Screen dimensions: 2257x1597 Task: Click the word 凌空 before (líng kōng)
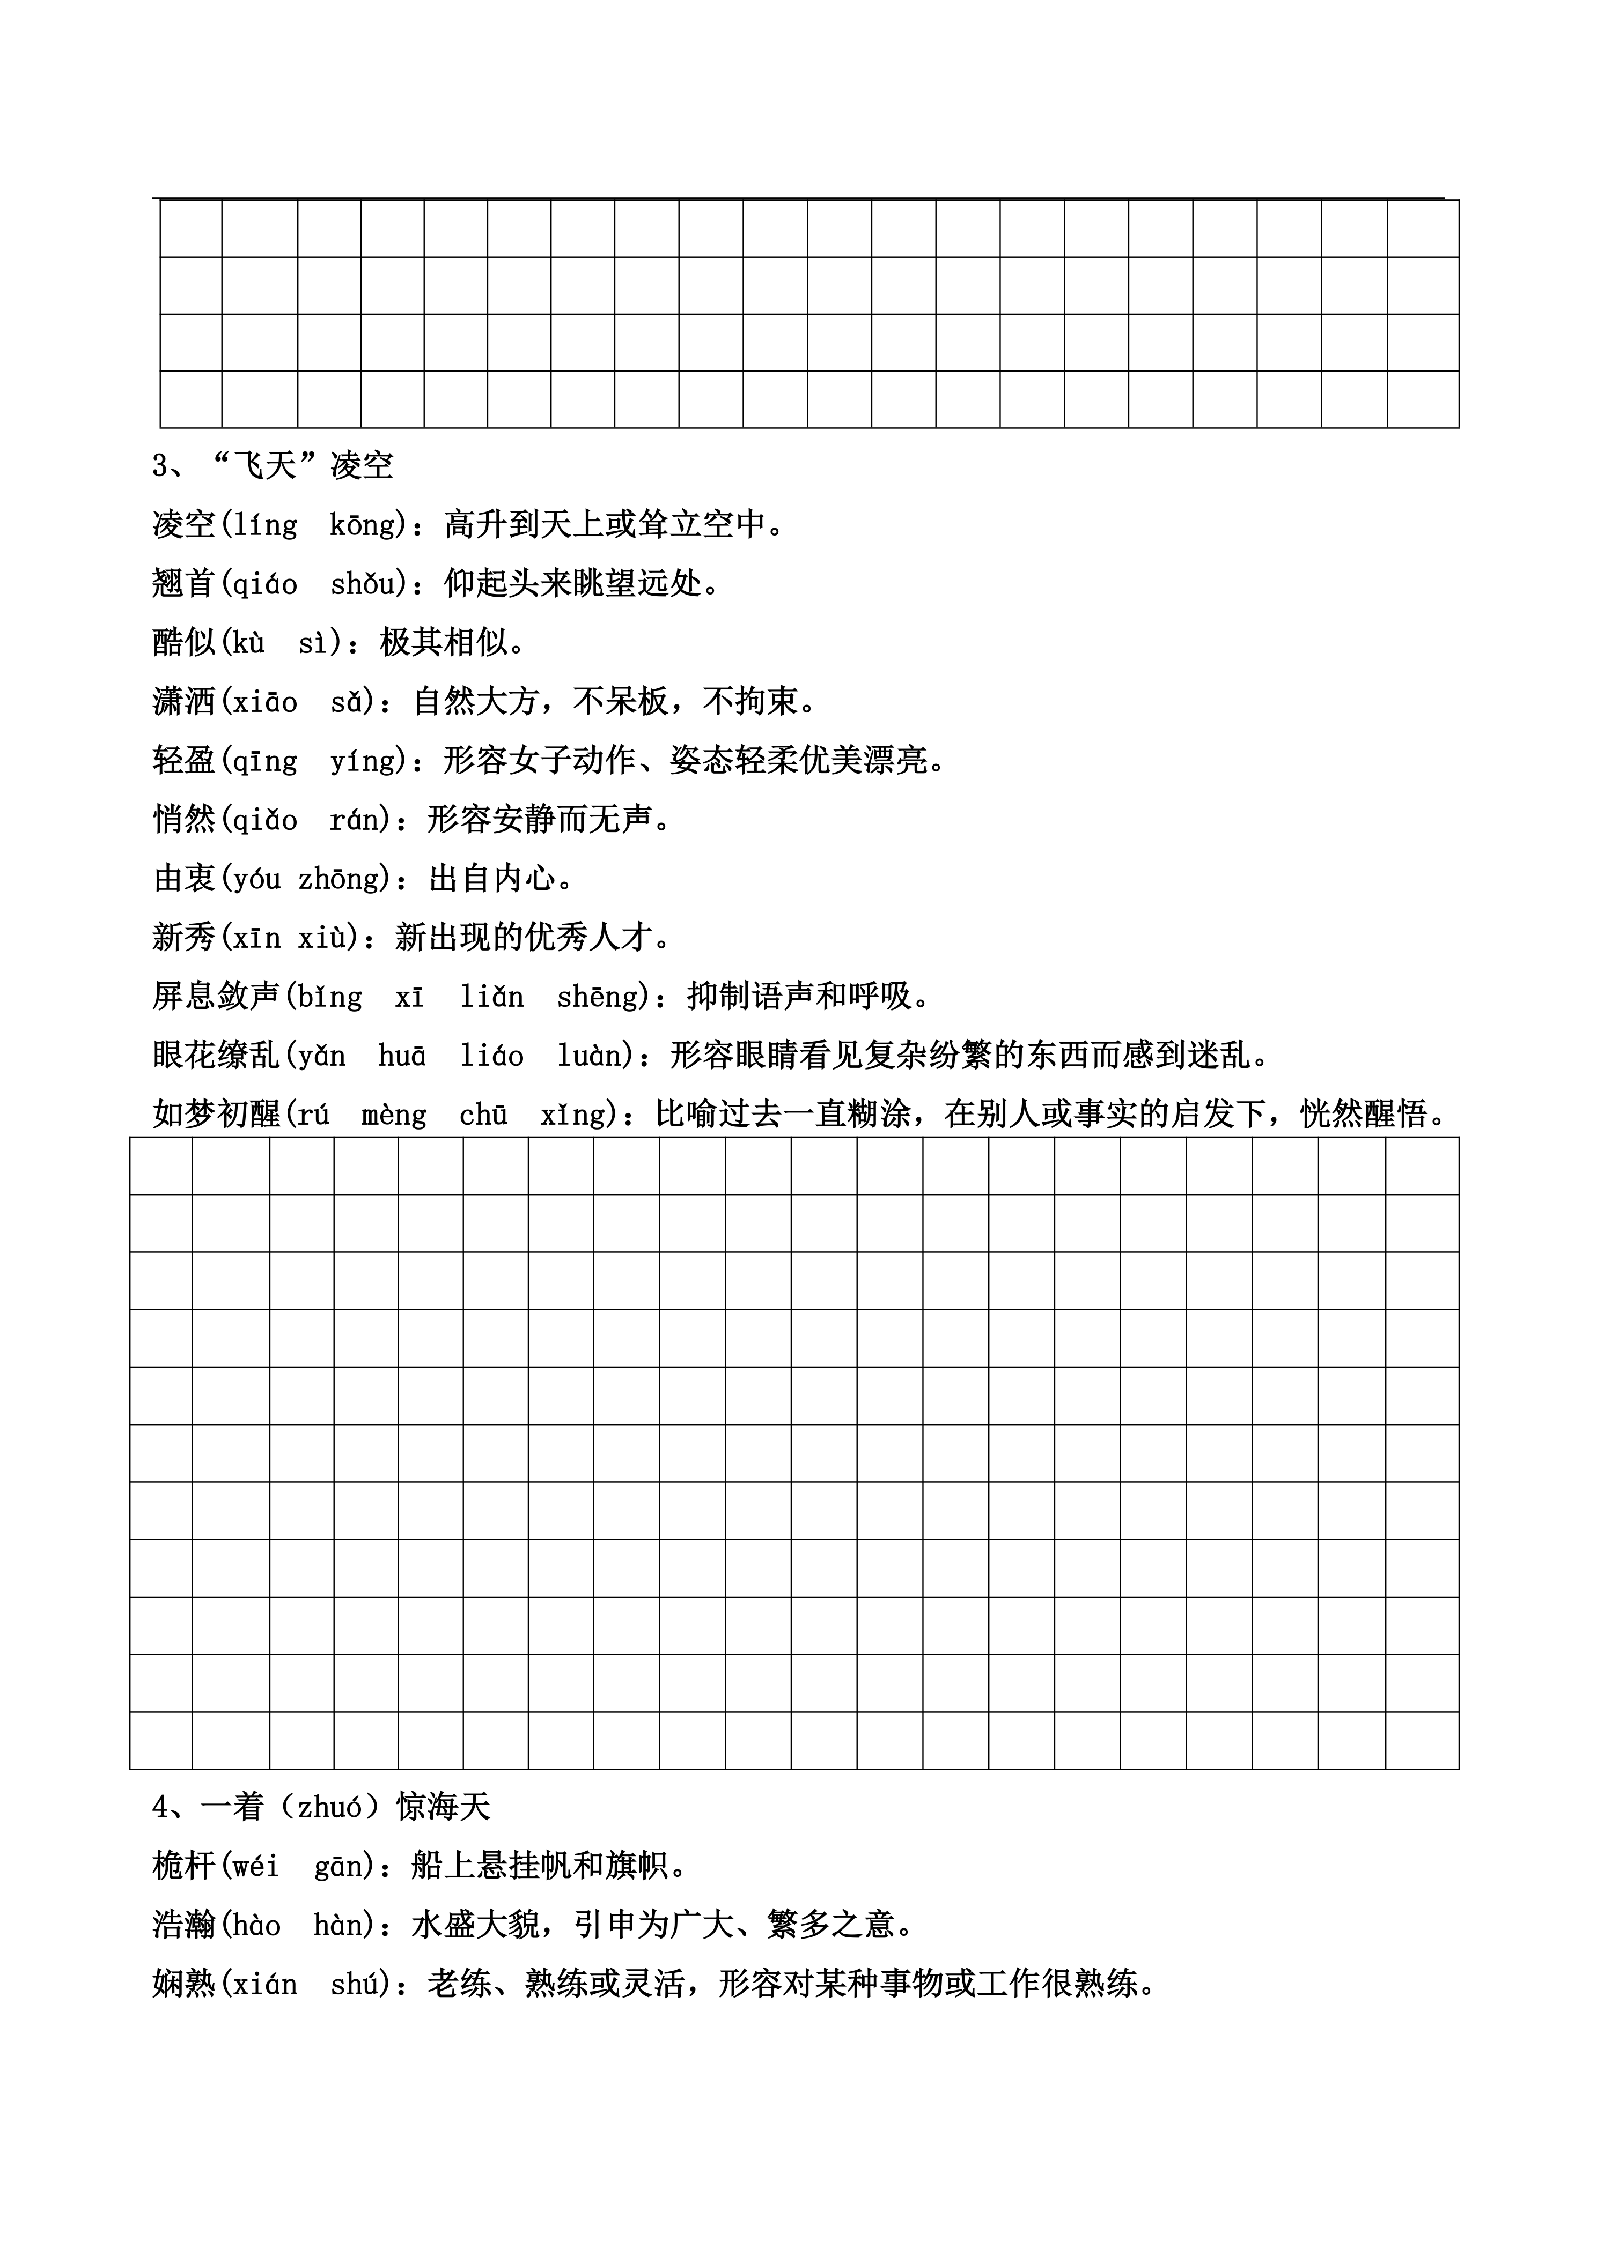click(184, 524)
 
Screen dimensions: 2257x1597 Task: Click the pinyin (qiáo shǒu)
click(313, 584)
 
